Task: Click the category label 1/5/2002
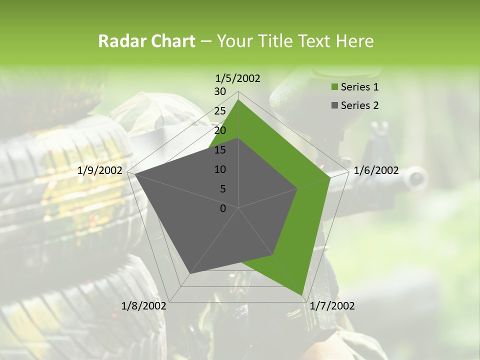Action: click(x=238, y=78)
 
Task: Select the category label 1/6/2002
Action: click(x=376, y=170)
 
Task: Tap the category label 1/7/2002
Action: click(x=332, y=306)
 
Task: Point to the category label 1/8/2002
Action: click(x=144, y=306)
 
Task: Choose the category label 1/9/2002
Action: click(x=100, y=170)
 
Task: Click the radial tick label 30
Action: click(x=220, y=91)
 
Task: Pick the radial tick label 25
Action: click(x=220, y=111)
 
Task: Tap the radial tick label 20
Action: click(x=220, y=130)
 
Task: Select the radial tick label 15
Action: click(x=220, y=150)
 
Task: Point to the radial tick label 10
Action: click(x=220, y=169)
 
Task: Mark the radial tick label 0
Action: click(x=223, y=208)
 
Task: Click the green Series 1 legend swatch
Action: click(x=333, y=87)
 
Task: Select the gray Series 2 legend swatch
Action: click(x=333, y=105)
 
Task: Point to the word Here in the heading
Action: click(x=354, y=41)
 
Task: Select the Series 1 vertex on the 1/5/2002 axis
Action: click(x=238, y=99)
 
